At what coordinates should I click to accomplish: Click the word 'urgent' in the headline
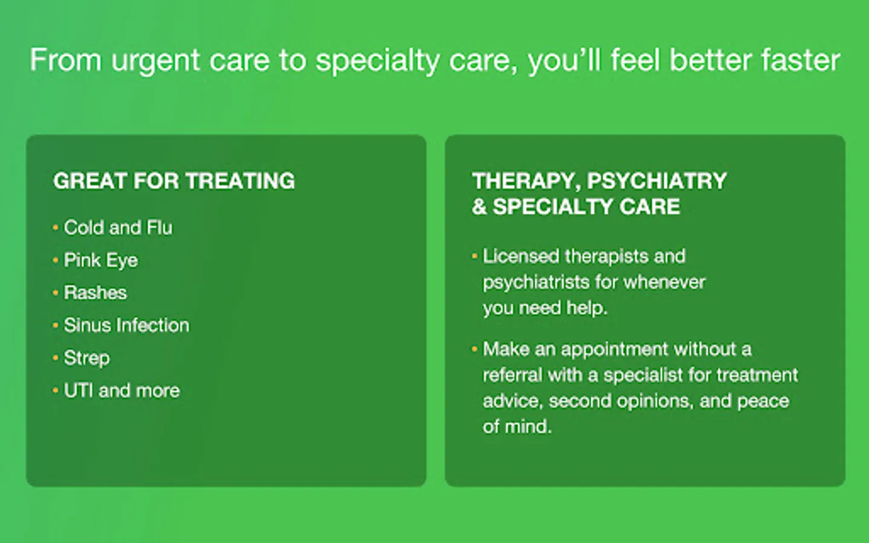[156, 62]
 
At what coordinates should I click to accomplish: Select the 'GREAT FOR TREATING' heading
[174, 181]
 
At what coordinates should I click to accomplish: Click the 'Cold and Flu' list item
[118, 227]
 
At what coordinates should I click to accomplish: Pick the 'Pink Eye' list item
[101, 261]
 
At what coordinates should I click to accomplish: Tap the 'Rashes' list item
[95, 293]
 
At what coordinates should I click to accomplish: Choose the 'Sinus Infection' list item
[127, 325]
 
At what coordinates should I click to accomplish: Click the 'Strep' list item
[87, 358]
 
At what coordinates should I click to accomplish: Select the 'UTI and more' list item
[122, 390]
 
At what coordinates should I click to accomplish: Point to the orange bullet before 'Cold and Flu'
[56, 227]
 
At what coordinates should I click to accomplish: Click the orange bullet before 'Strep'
[56, 357]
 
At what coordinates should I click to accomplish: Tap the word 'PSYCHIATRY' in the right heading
[657, 181]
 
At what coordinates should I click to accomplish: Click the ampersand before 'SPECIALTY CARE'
[479, 206]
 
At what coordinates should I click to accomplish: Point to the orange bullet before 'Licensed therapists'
[474, 256]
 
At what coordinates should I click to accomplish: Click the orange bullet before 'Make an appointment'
[474, 349]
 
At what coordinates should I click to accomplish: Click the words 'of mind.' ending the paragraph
[517, 427]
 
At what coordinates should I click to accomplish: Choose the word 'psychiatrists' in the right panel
[536, 282]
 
